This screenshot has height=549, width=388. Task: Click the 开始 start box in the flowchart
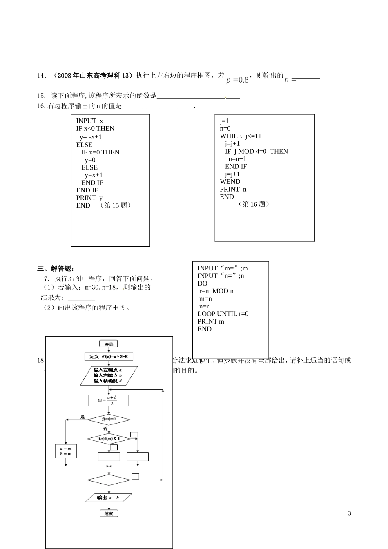pyautogui.click(x=109, y=344)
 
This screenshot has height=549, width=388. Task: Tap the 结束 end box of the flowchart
pyautogui.click(x=109, y=513)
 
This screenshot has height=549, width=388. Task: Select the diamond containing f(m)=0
pyautogui.click(x=109, y=419)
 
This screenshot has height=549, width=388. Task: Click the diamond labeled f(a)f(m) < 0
pyautogui.click(x=109, y=438)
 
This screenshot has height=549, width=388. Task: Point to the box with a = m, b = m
pyautogui.click(x=66, y=451)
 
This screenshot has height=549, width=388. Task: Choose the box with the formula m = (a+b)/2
pyautogui.click(x=108, y=400)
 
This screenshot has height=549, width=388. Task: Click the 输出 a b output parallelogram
pyautogui.click(x=108, y=498)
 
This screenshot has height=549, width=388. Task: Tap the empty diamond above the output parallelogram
pyautogui.click(x=109, y=480)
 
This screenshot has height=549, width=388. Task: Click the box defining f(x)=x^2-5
pyautogui.click(x=109, y=357)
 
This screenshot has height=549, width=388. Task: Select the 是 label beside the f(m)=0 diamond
pyautogui.click(x=83, y=417)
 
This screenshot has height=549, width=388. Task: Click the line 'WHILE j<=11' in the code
pyautogui.click(x=241, y=136)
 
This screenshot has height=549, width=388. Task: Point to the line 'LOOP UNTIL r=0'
pyautogui.click(x=223, y=314)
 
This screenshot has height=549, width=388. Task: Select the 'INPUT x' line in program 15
pyautogui.click(x=89, y=121)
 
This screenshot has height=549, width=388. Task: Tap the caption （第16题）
pyautogui.click(x=254, y=204)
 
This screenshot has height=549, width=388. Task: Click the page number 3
pyautogui.click(x=350, y=513)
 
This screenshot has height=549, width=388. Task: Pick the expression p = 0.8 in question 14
pyautogui.click(x=237, y=80)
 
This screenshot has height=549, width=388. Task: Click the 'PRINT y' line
pyautogui.click(x=89, y=198)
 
